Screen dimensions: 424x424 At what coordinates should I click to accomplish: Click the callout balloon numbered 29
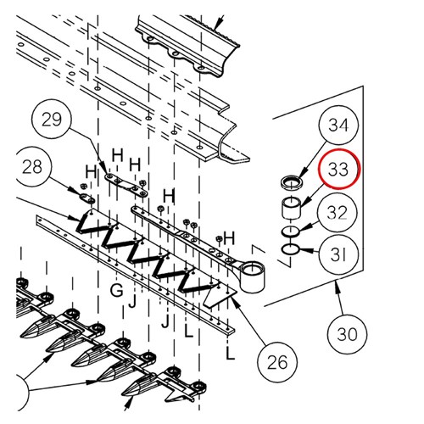point(52,119)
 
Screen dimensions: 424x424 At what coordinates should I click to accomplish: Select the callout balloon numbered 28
point(33,166)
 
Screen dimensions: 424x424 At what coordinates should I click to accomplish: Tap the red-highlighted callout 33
point(338,169)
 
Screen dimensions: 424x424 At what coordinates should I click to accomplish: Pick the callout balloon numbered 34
point(338,125)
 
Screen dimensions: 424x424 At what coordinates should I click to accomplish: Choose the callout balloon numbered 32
point(338,212)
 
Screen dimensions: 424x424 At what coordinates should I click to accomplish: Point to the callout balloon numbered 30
point(347,334)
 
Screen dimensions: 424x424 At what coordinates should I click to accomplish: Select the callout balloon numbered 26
point(277,362)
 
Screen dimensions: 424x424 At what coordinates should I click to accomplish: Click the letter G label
point(117,290)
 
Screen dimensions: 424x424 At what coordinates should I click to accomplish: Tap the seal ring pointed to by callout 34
point(291,181)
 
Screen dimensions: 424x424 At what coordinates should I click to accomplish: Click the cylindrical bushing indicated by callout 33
point(291,209)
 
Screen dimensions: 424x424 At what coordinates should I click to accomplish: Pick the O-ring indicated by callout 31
point(291,250)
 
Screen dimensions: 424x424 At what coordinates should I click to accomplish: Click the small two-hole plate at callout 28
point(86,198)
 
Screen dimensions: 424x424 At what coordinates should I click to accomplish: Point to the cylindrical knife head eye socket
point(252,276)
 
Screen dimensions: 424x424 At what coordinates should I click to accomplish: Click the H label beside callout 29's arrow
point(118,155)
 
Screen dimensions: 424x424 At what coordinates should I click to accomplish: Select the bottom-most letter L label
point(231,354)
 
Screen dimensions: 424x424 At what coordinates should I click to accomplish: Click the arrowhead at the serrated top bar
point(217,26)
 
